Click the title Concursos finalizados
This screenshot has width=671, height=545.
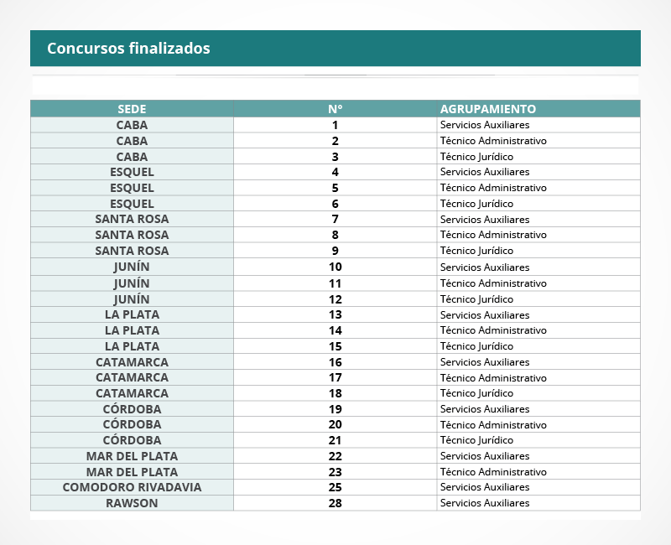[128, 49]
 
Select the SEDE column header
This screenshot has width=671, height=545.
[132, 109]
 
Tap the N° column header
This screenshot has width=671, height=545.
[335, 109]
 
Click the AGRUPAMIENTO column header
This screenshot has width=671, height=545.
[487, 109]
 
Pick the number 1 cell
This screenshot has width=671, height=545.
[335, 125]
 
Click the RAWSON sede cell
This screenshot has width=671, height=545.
[132, 503]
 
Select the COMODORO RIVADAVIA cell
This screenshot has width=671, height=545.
[132, 487]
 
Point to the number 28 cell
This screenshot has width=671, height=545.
[335, 503]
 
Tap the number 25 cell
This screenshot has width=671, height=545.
[335, 487]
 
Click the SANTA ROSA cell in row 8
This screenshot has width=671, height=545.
[132, 235]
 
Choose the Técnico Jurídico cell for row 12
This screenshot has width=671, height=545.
[476, 299]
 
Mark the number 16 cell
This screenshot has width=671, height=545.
[335, 362]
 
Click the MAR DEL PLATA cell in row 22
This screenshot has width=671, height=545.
[132, 456]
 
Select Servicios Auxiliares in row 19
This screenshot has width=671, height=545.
[485, 409]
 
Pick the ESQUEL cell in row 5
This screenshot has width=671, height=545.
[132, 188]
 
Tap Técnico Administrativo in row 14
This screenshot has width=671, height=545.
[493, 330]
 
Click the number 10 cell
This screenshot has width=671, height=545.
[335, 267]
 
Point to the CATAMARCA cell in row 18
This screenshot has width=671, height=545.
[132, 393]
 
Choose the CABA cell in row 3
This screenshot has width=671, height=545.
[132, 157]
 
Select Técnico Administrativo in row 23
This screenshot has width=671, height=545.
[493, 472]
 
